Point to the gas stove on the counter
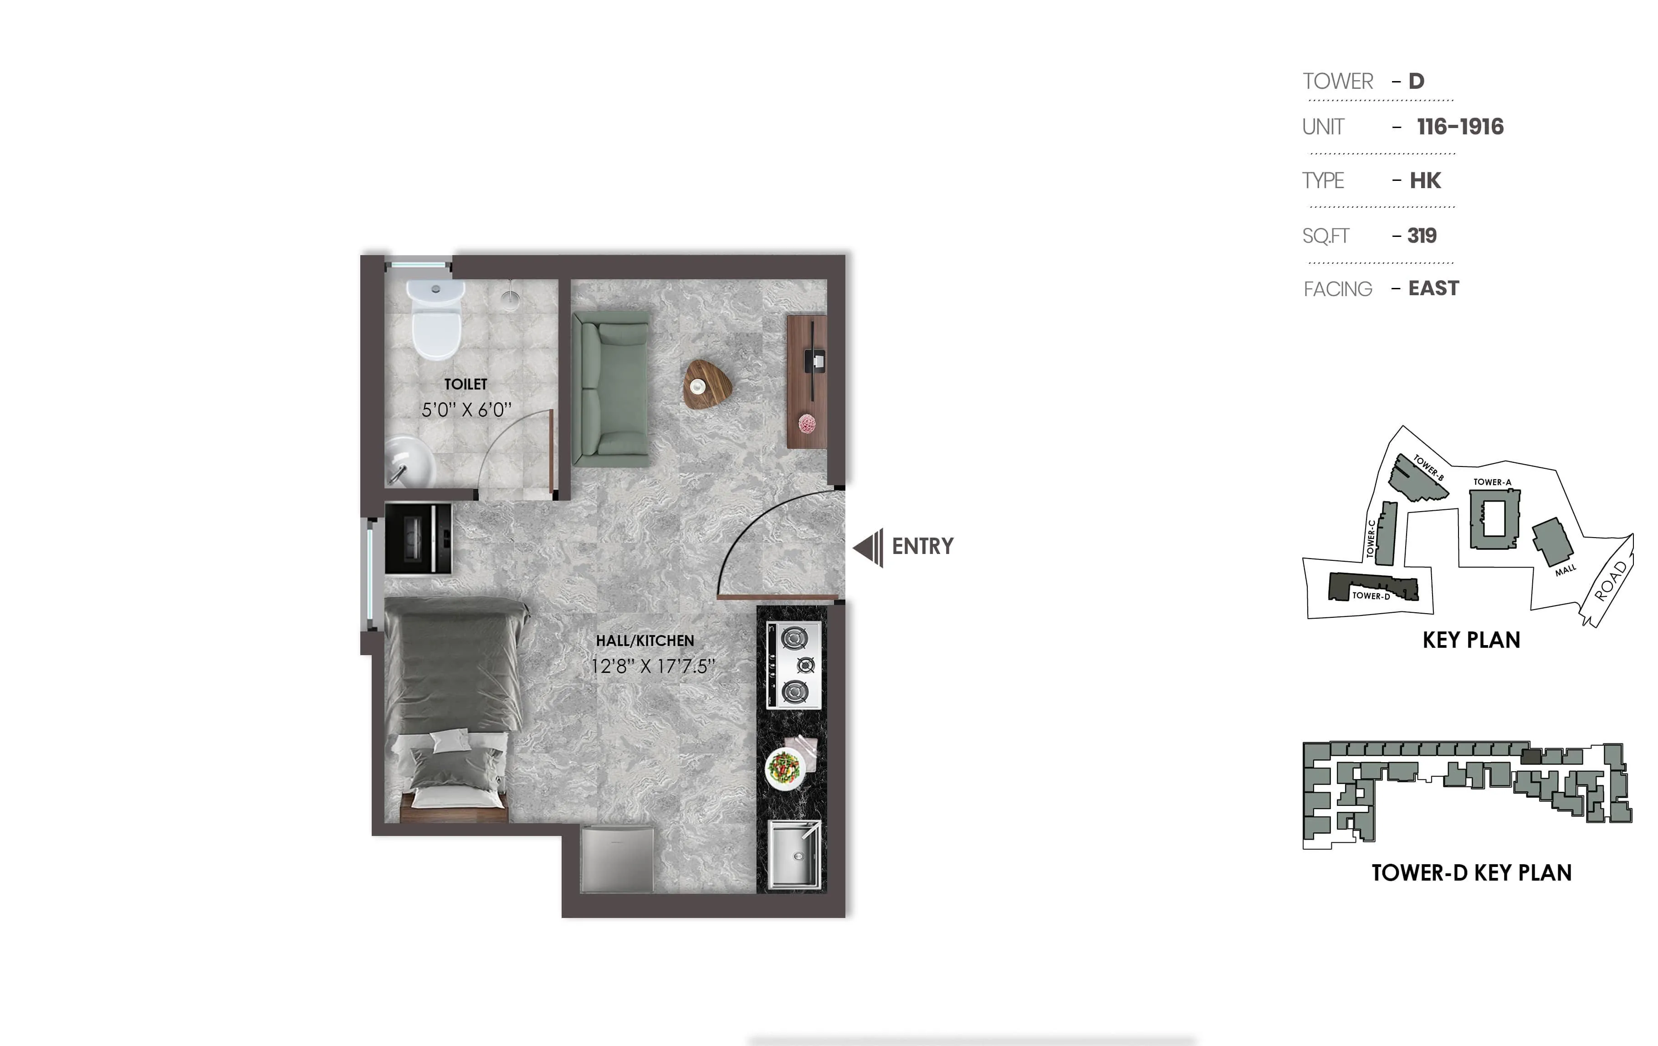[x=794, y=665]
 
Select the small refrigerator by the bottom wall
[x=616, y=859]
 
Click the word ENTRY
[x=923, y=547]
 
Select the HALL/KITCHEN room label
[x=645, y=641]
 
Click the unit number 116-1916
[x=1460, y=127]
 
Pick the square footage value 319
[x=1422, y=236]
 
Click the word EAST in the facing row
[x=1433, y=288]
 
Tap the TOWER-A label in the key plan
[x=1492, y=482]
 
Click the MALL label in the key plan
[x=1565, y=570]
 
